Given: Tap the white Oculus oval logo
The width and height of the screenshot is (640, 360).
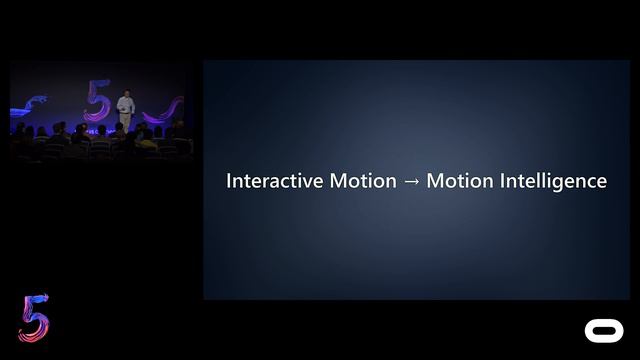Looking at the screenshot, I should pyautogui.click(x=602, y=330).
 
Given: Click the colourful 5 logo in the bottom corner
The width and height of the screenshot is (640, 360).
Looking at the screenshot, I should pyautogui.click(x=33, y=319).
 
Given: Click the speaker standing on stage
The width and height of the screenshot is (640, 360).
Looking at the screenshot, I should pyautogui.click(x=125, y=109).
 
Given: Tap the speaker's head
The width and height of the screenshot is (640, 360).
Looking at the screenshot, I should pyautogui.click(x=125, y=93).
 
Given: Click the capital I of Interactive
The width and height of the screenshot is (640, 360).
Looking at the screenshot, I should pyautogui.click(x=229, y=181).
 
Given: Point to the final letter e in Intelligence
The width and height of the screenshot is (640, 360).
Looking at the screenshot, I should pyautogui.click(x=601, y=182).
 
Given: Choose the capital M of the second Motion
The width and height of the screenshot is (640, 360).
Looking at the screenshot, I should pyautogui.click(x=435, y=181).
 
